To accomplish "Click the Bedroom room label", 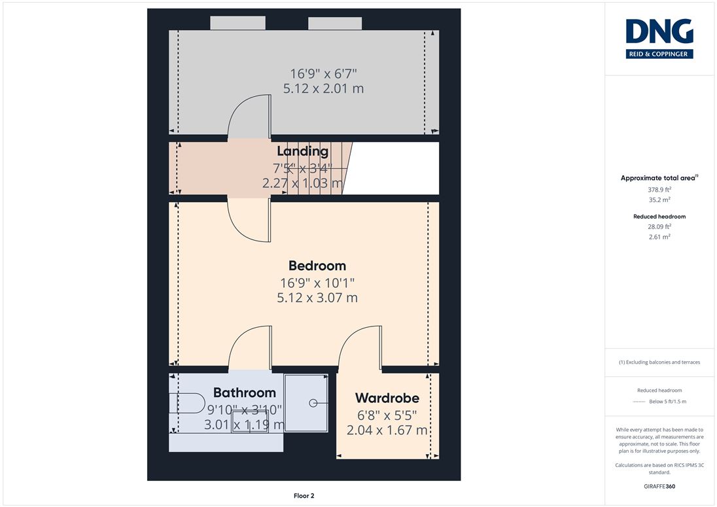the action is pyautogui.click(x=317, y=266).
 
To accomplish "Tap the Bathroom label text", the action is pyautogui.click(x=245, y=393).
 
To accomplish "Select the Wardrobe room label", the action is pyautogui.click(x=387, y=398).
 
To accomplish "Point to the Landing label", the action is pyautogui.click(x=303, y=151).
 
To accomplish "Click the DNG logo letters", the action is pyautogui.click(x=659, y=31).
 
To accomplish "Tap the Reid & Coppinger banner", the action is pyautogui.click(x=659, y=54).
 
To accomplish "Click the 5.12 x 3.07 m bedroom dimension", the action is pyautogui.click(x=317, y=298).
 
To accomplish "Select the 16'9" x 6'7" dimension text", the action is pyautogui.click(x=323, y=73).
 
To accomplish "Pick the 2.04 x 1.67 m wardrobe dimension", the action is pyautogui.click(x=387, y=430).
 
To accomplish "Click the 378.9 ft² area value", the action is pyautogui.click(x=659, y=189).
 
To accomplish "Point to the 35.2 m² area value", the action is pyautogui.click(x=659, y=200).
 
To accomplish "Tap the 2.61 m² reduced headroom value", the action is pyautogui.click(x=659, y=237).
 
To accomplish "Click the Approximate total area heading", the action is pyautogui.click(x=659, y=179).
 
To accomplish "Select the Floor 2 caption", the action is pyautogui.click(x=304, y=496).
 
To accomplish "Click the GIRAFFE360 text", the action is pyautogui.click(x=659, y=487).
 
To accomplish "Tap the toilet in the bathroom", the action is pyautogui.click(x=187, y=403).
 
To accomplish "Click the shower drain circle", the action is pyautogui.click(x=313, y=403).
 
